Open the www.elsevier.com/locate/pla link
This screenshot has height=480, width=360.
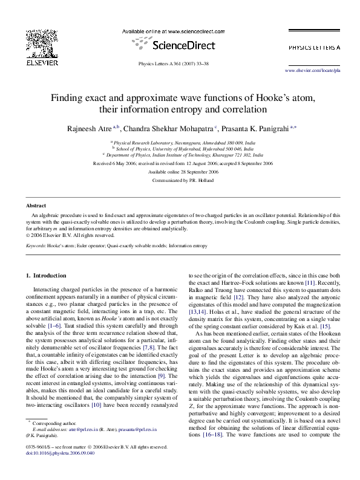[x=312, y=71]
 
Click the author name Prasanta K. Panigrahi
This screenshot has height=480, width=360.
[x=255, y=129]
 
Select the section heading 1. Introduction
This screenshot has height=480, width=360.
[x=49, y=276]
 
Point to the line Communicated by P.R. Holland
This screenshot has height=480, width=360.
[x=180, y=180]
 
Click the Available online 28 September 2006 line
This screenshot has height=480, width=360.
[x=180, y=172]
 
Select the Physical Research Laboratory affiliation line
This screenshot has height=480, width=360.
[x=180, y=141]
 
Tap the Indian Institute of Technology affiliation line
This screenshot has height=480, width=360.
[x=180, y=155]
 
